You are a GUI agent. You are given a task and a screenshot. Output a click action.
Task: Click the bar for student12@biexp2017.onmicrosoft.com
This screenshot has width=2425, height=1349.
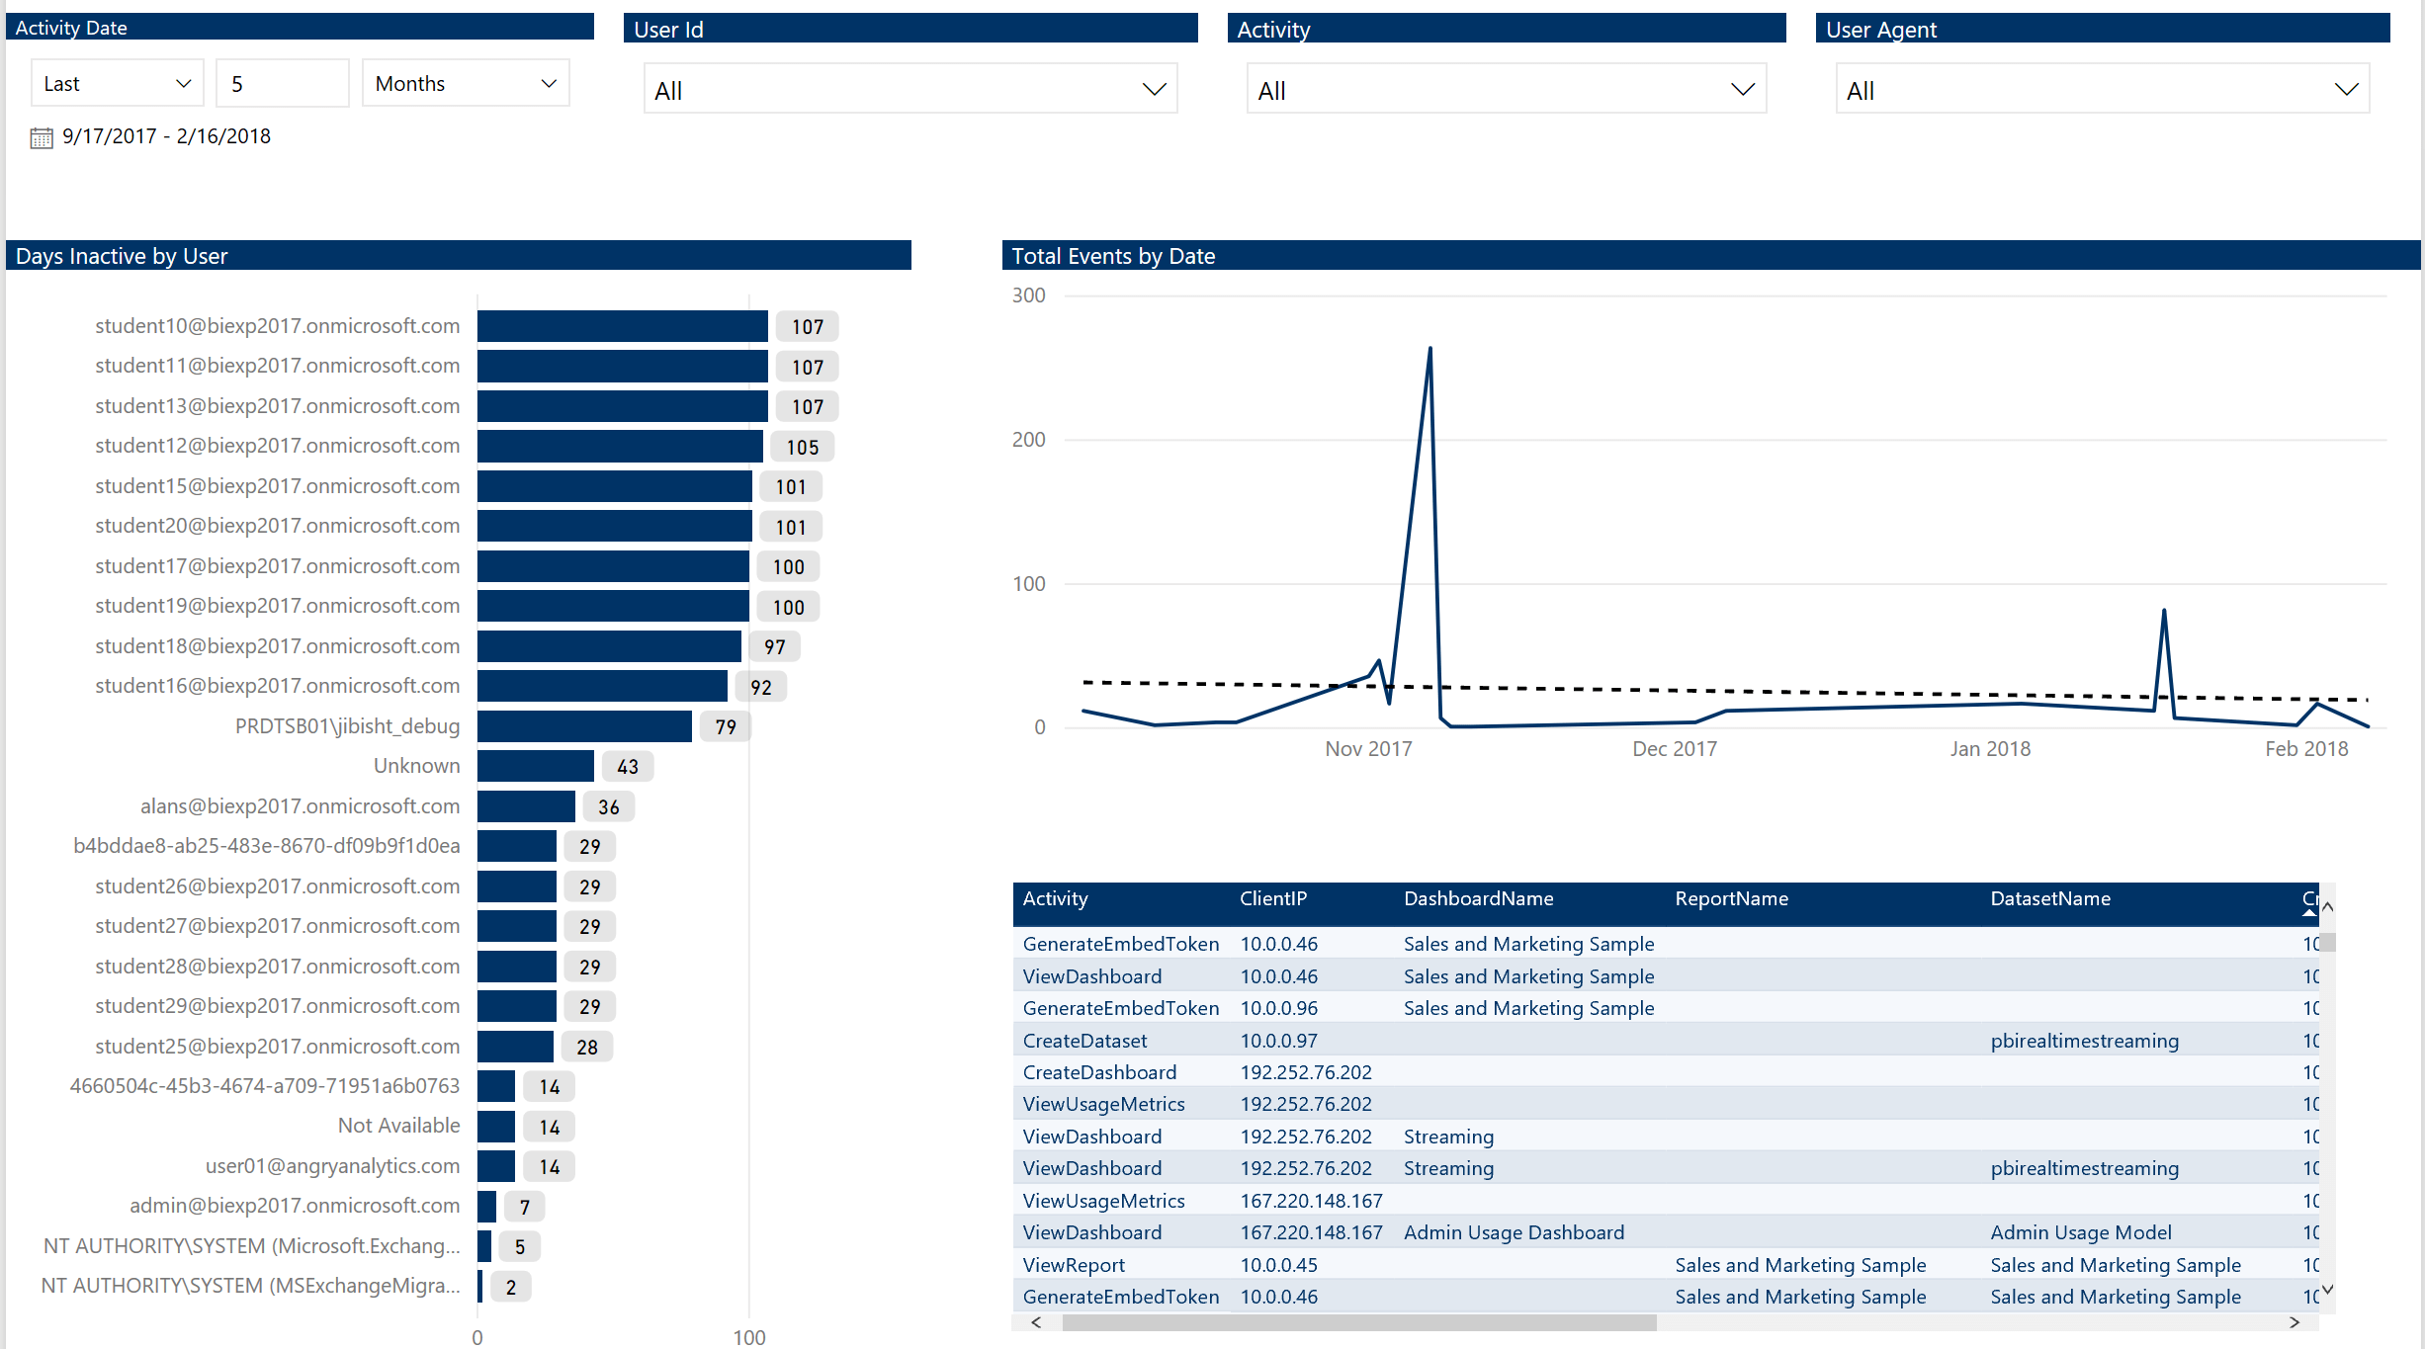coord(620,447)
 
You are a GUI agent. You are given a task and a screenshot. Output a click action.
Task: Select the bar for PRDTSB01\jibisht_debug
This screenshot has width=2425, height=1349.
coord(584,727)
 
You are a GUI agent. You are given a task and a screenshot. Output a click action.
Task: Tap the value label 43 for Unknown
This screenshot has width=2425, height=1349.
coord(628,767)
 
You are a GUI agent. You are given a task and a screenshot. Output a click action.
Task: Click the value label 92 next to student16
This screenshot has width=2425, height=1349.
coord(761,687)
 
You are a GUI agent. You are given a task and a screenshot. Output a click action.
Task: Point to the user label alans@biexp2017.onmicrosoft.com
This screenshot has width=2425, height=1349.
coord(300,806)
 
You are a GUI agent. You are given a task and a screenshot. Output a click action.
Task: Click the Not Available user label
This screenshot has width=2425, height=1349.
coord(398,1126)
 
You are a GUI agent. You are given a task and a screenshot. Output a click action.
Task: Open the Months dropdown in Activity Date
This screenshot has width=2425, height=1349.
coord(466,84)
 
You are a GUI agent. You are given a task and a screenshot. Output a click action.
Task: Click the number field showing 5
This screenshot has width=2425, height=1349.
coord(283,84)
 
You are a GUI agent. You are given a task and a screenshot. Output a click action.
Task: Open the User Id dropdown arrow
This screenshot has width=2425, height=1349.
coord(1154,90)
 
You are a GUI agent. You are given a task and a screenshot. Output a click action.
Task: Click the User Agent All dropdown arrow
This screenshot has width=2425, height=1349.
coord(2346,90)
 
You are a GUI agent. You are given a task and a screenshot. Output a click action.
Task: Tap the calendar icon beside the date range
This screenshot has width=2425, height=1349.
coord(42,137)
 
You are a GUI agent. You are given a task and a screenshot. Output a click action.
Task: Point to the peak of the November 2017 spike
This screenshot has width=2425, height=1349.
coord(1429,349)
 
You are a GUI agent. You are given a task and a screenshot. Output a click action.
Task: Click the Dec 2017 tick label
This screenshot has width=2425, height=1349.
coord(1675,749)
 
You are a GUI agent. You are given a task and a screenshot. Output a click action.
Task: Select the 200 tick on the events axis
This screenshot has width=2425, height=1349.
coord(1028,440)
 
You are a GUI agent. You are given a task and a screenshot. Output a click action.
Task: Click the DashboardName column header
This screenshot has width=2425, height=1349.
coord(1478,899)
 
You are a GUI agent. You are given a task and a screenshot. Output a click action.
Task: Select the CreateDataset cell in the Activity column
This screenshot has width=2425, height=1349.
coord(1084,1041)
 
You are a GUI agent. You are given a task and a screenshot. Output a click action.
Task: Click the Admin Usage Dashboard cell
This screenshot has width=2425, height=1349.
coord(1514,1232)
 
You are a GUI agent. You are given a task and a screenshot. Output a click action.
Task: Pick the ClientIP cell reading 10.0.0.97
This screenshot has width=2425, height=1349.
coord(1278,1041)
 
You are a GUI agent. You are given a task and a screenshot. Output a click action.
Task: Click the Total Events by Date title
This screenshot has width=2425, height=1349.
coord(1113,256)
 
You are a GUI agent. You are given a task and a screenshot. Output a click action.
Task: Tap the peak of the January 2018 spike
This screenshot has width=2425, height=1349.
coord(2164,611)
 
